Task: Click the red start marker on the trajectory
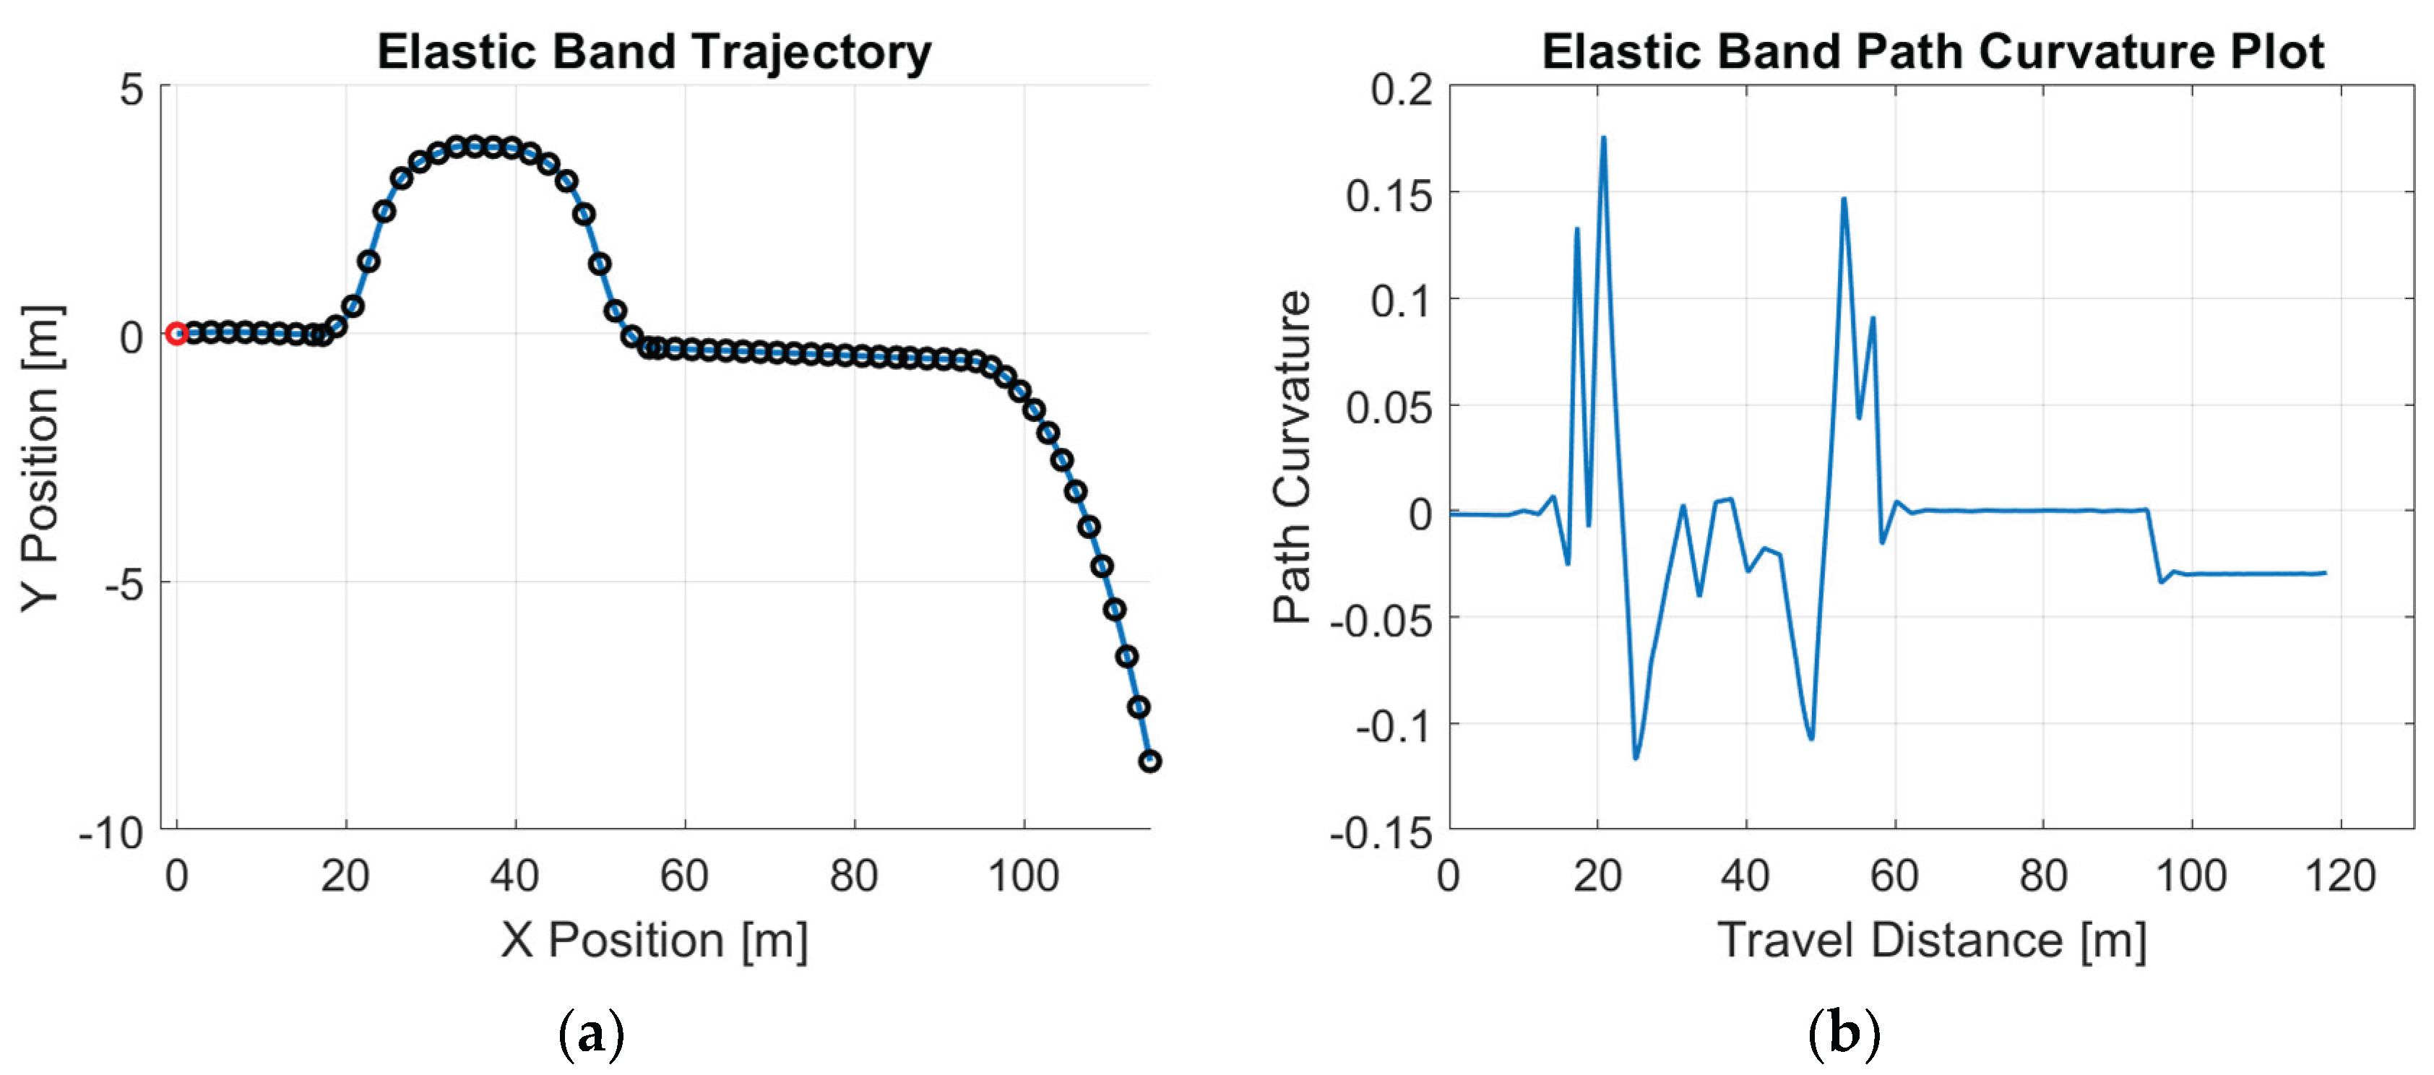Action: click(176, 334)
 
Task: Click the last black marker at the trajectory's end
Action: click(1149, 761)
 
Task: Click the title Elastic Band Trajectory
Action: click(654, 51)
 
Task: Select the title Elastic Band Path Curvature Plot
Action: click(1933, 51)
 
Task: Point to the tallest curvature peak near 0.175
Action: click(1603, 138)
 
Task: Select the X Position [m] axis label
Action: click(654, 940)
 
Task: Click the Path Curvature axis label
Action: click(1292, 458)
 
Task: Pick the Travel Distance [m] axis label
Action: click(1933, 940)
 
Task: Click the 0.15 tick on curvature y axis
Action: click(1389, 196)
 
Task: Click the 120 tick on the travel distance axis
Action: click(2341, 876)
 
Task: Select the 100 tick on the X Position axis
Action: click(1023, 876)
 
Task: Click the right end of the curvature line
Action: click(2326, 572)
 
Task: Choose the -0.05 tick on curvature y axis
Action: click(1381, 621)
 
